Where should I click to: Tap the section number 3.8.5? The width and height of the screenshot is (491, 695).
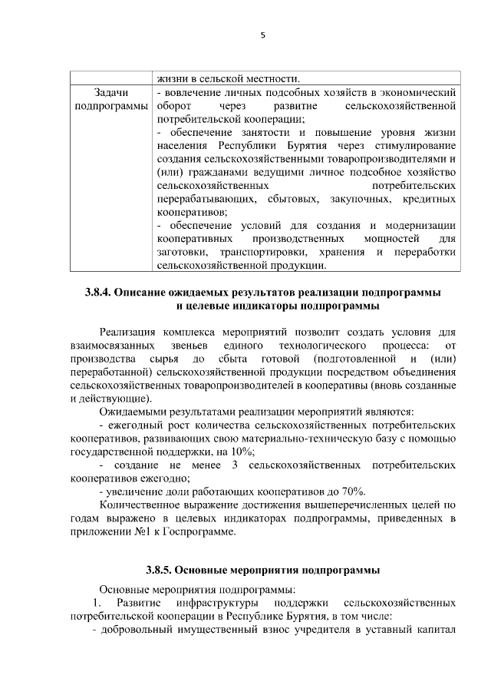coord(160,571)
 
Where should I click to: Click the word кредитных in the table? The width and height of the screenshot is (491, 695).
coord(430,198)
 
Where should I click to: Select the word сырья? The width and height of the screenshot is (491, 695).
coord(167,359)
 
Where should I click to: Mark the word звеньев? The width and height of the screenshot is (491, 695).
coord(178,345)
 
